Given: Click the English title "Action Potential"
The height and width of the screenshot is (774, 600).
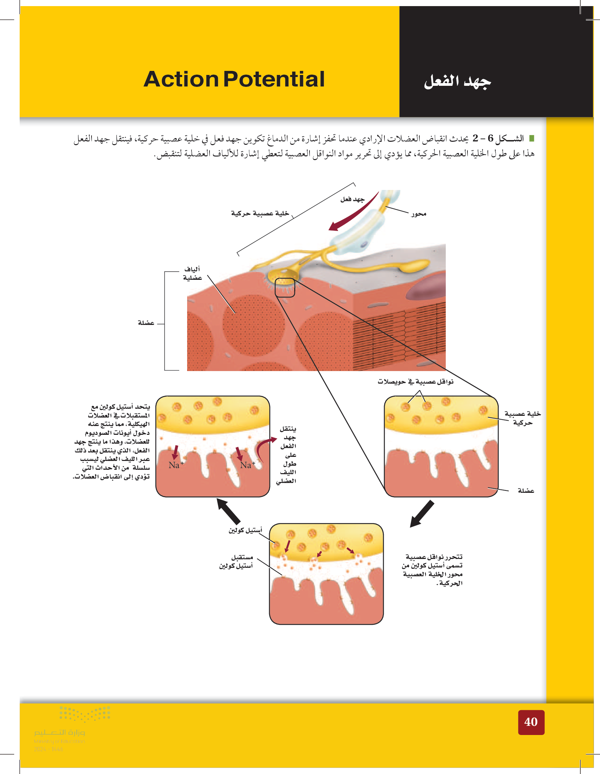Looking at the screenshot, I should pyautogui.click(x=234, y=79).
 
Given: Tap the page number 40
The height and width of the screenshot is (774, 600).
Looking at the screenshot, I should pyautogui.click(x=531, y=722).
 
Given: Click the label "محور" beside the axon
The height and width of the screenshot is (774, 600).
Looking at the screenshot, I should pyautogui.click(x=418, y=214).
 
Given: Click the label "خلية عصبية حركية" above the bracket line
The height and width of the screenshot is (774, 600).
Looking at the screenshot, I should pyautogui.click(x=260, y=213).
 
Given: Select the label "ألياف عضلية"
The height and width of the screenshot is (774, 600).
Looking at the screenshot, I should pyautogui.click(x=192, y=273).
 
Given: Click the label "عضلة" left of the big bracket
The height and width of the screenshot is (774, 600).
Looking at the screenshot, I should pyautogui.click(x=146, y=323).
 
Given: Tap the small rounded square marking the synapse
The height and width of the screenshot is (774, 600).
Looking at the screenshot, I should pyautogui.click(x=285, y=287).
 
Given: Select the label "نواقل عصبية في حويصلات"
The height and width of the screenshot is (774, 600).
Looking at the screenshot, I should pyautogui.click(x=415, y=382).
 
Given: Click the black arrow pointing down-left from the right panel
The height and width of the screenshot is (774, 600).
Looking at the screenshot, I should pyautogui.click(x=422, y=514).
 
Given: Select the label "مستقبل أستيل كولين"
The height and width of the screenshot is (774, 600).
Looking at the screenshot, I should pyautogui.click(x=236, y=561).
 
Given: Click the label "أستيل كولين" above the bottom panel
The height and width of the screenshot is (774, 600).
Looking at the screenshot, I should pyautogui.click(x=245, y=530).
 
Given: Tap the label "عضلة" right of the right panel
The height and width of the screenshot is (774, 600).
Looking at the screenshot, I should pyautogui.click(x=526, y=490).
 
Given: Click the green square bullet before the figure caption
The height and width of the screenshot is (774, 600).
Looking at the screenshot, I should pyautogui.click(x=531, y=138).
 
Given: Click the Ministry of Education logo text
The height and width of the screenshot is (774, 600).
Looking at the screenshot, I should pyautogui.click(x=60, y=732).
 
